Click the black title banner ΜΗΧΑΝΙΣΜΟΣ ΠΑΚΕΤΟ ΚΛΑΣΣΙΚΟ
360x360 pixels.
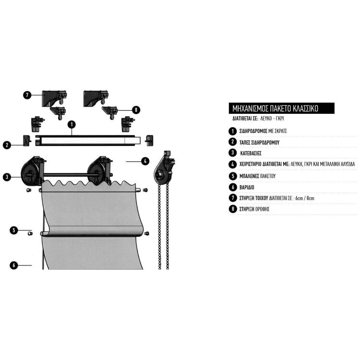(279, 108)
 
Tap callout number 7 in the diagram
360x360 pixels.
(27, 95)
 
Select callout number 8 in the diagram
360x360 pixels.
(136, 110)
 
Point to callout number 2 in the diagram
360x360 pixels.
(7, 144)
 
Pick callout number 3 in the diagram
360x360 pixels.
(7, 177)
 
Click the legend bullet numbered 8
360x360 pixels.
(232, 209)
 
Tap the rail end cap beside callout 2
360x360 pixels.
(26, 140)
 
